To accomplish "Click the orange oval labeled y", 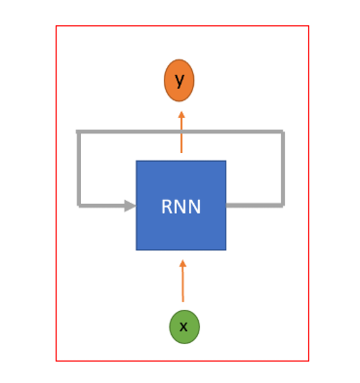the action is point(179,80).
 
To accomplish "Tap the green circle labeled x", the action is point(184,326).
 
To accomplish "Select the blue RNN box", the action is point(180,206).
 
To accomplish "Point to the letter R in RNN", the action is point(168,207).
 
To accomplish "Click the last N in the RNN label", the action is point(194,207).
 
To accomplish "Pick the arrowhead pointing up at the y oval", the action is point(181,115).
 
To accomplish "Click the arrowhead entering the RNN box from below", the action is point(182,263).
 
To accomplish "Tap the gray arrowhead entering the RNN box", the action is point(130,206).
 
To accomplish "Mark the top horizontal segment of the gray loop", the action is point(180,132).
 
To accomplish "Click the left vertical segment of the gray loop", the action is point(78,169).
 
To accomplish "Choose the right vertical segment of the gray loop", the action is point(283,169).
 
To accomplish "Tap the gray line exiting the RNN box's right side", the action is point(255,205).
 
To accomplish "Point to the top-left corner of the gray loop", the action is point(78,132).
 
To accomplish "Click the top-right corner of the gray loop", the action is point(283,132).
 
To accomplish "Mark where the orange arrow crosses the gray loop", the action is point(181,132).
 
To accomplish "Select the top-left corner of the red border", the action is point(56,25).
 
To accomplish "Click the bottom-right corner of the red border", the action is point(308,361).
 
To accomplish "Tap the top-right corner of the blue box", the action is point(226,161).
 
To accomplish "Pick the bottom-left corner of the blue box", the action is point(136,250).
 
